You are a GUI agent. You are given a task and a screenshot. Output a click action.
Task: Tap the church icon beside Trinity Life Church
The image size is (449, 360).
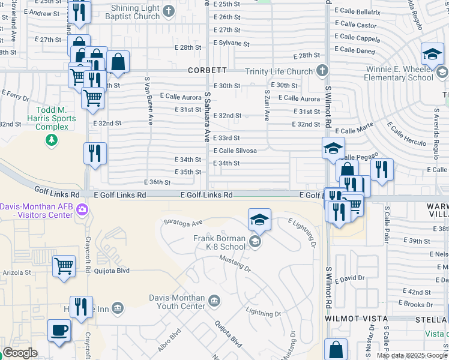[322, 71]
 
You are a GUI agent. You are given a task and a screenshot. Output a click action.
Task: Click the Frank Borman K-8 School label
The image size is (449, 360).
[219, 242]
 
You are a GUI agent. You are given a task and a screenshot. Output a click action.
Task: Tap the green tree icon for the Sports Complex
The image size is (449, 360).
[52, 140]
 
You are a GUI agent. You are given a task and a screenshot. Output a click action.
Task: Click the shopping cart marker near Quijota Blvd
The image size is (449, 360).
[64, 265]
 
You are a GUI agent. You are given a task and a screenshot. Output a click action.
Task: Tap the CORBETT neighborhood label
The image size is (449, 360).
[207, 70]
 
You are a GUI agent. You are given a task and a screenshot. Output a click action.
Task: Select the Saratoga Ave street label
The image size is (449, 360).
[183, 223]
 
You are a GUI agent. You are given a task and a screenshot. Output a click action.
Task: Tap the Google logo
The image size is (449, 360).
[20, 353]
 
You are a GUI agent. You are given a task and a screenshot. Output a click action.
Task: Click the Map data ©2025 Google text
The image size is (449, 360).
[412, 355]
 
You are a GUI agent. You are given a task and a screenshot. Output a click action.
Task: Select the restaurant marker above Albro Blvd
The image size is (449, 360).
[81, 307]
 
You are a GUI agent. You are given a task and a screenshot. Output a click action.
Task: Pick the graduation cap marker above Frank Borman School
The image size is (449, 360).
[259, 220]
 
